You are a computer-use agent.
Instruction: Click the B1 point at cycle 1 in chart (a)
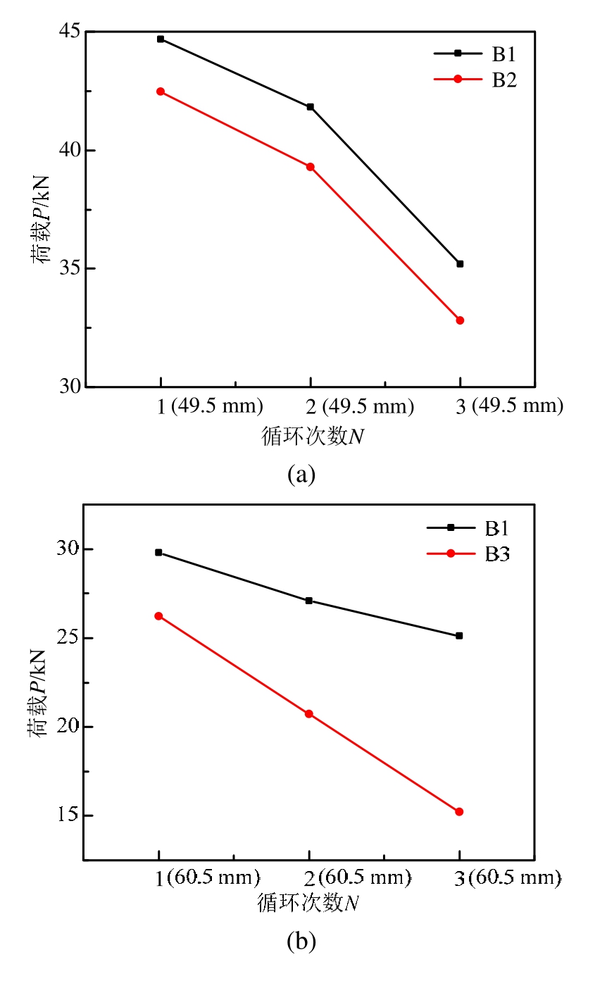161,39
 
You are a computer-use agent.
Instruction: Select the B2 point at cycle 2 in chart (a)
310,167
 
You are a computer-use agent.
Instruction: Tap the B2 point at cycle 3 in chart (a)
460,320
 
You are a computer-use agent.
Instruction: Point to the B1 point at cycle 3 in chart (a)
460,263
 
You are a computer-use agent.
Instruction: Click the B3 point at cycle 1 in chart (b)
158,616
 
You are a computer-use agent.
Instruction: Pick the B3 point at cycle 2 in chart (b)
308,714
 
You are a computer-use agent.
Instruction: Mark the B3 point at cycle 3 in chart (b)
459,812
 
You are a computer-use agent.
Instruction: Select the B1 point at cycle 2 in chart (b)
308,601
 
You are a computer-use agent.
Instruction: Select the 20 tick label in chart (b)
65,727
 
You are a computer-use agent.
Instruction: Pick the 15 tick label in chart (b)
65,815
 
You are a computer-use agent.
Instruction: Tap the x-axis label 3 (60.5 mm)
507,878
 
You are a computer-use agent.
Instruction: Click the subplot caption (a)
301,474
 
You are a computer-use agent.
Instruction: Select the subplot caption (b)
301,941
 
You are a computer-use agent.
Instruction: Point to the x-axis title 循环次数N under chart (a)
313,437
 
